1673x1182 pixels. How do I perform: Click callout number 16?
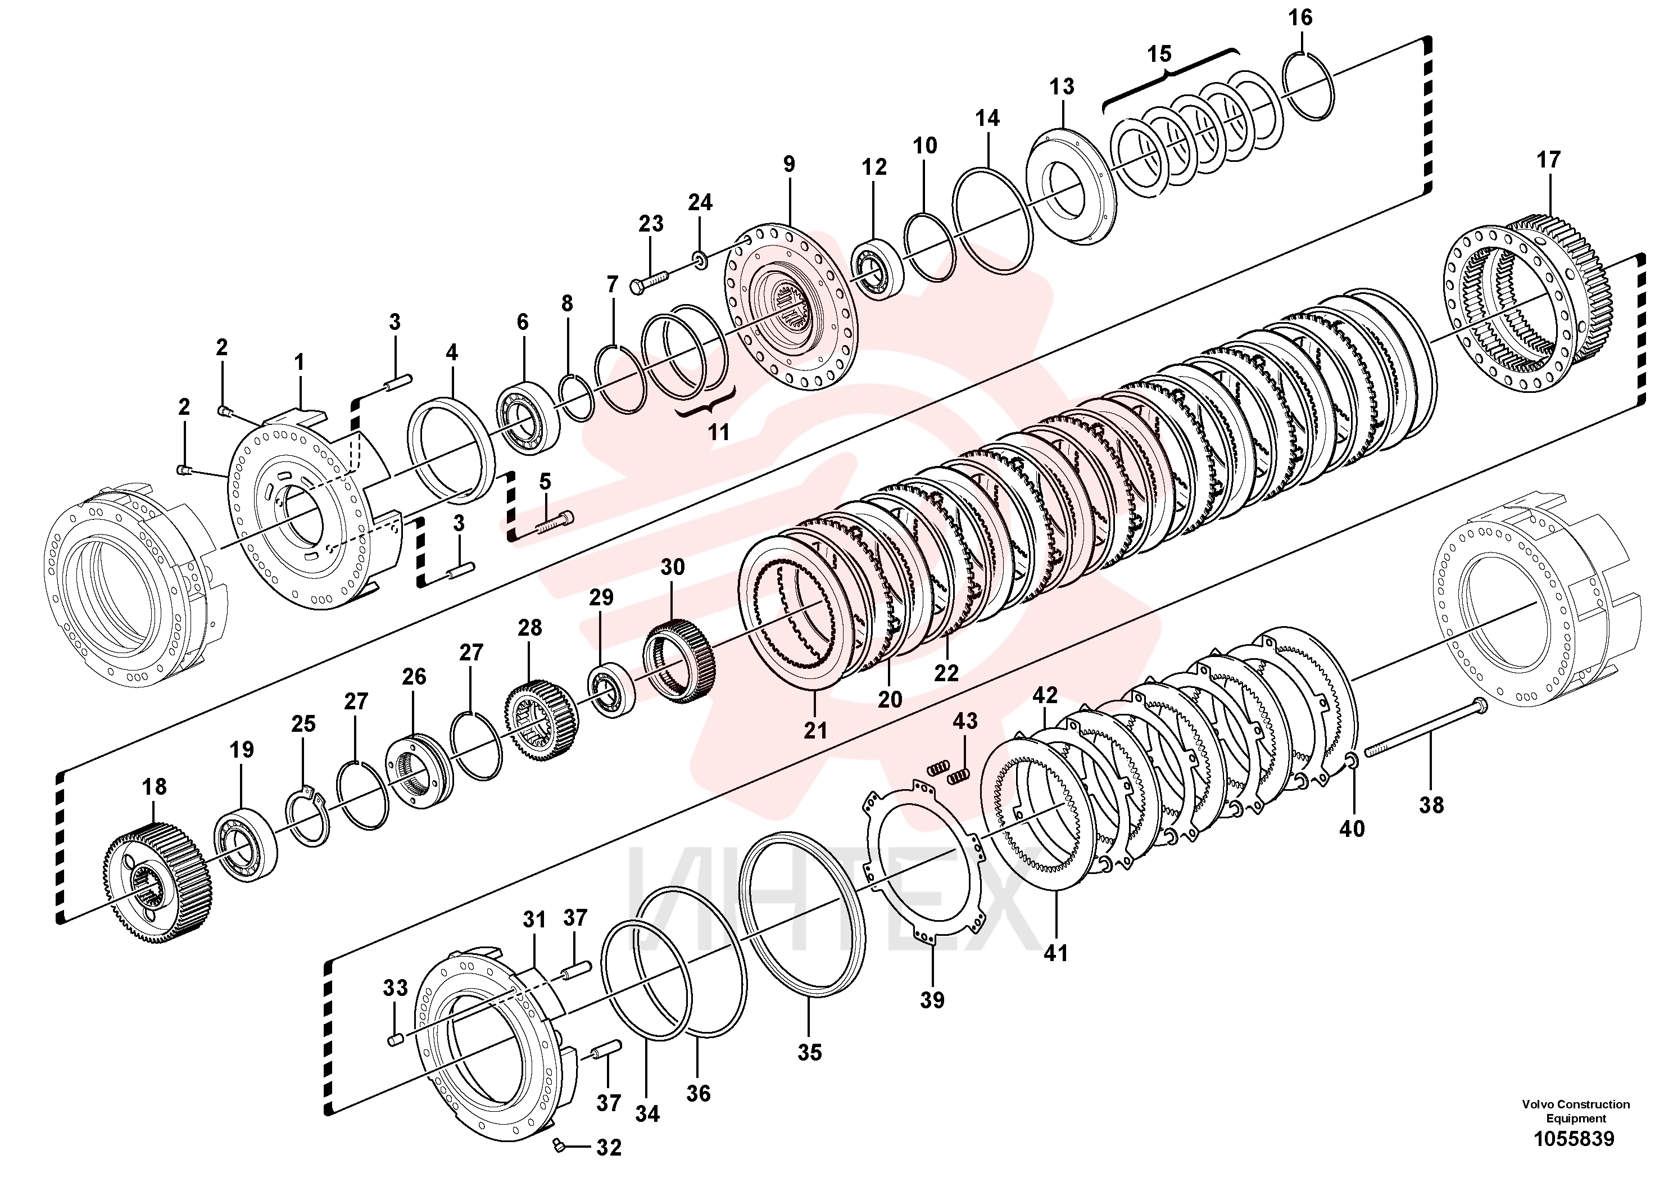1300,17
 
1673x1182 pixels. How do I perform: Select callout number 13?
1062,87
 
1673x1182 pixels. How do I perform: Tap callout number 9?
789,165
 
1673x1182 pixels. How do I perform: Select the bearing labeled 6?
528,418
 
